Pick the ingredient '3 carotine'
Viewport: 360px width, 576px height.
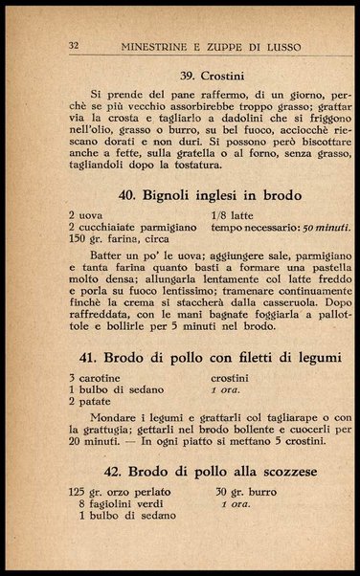click(96, 379)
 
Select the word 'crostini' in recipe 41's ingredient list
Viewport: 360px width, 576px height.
click(232, 379)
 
